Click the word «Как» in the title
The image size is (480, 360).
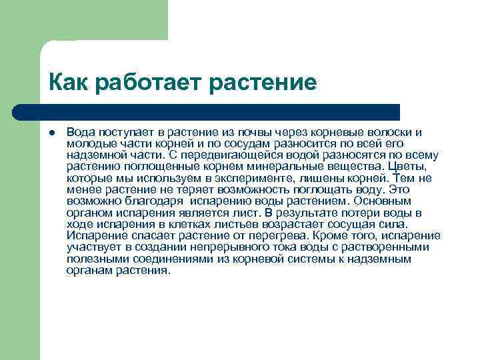68,83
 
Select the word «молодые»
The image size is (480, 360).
89,143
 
